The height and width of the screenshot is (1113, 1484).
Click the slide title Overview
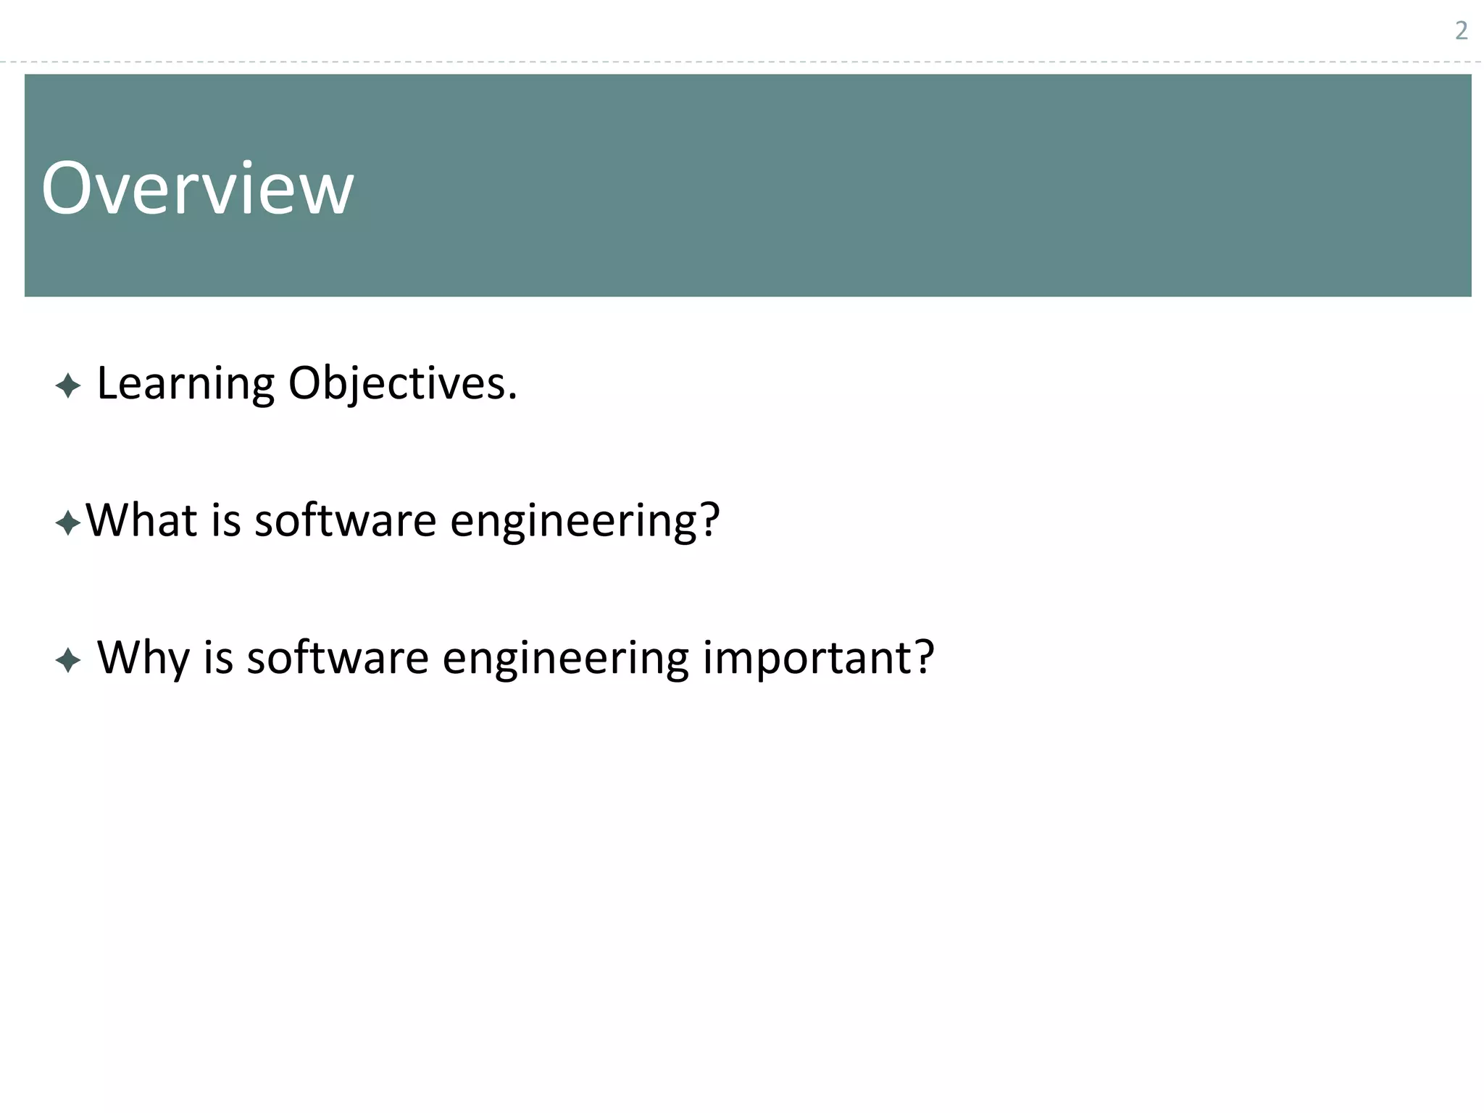click(197, 188)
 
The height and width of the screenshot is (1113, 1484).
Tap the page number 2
click(1461, 31)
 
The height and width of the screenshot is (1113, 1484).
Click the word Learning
click(185, 384)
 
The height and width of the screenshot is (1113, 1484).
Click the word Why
click(143, 658)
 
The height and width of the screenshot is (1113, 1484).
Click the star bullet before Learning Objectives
click(67, 385)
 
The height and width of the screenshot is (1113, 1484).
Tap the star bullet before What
click(67, 522)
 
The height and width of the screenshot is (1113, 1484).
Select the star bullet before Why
click(67, 660)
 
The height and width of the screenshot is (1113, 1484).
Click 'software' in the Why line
click(338, 658)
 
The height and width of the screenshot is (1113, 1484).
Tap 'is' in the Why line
click(218, 658)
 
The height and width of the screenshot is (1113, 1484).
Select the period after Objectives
click(512, 396)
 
